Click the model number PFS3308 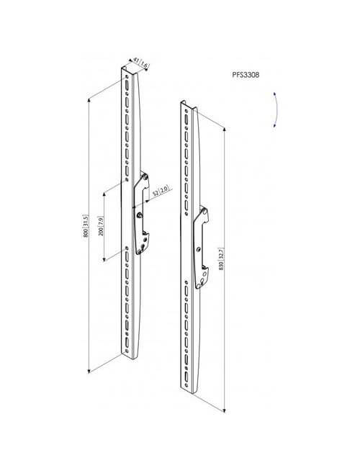coord(246,75)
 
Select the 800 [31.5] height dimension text coord(86,225)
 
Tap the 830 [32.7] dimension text coord(221,259)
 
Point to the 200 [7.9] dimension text coord(101,225)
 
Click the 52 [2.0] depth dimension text coord(161,191)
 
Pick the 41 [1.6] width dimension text coord(141,63)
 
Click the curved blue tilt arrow coord(276,109)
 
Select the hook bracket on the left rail coord(142,213)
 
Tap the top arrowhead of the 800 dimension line coord(89,99)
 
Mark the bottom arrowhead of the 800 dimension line coord(89,372)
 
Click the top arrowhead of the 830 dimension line coord(224,129)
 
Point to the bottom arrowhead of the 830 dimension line coord(224,410)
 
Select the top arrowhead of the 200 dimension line coord(104,194)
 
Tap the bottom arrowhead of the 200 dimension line coord(104,260)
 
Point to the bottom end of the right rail coord(189,390)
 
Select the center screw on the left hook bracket coord(139,215)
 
